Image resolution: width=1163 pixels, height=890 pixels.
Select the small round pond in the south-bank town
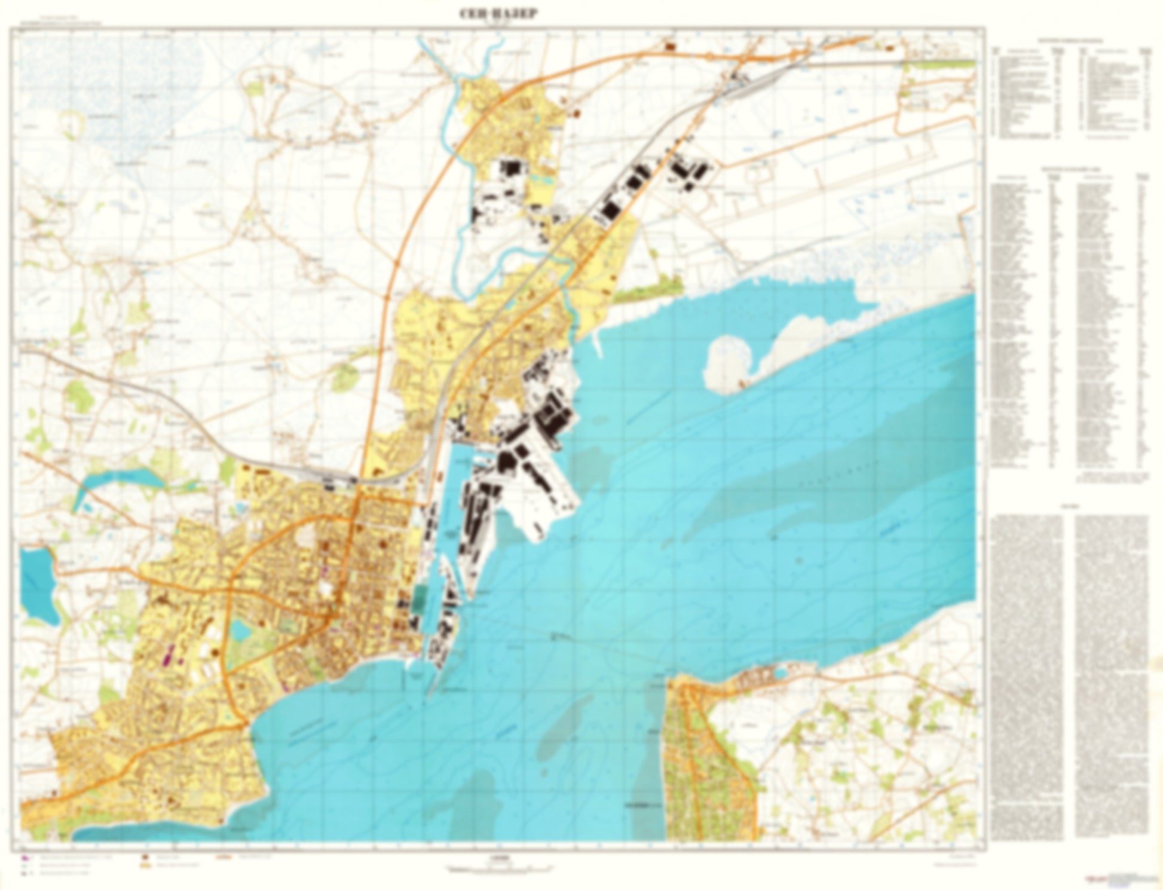tap(779, 675)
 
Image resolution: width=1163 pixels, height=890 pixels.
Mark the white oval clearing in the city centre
tap(326, 571)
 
